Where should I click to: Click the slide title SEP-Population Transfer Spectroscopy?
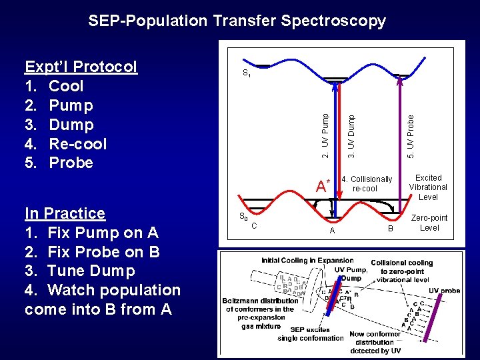237,21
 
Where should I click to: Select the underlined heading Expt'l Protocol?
81,67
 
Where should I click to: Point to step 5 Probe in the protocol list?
71,163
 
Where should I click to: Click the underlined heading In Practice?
65,213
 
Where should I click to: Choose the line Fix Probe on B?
91,252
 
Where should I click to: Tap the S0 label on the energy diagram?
243,216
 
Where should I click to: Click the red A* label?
323,186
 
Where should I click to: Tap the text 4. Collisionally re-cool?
366,184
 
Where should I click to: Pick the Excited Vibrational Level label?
428,187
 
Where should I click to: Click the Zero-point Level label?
429,223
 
